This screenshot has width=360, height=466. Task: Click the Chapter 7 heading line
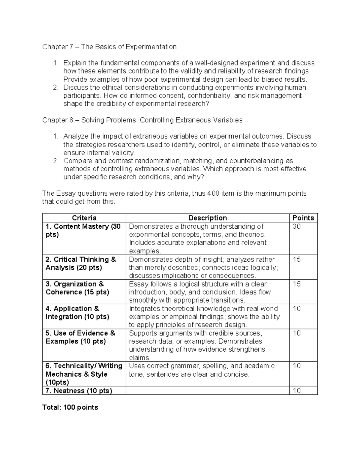[x=109, y=47]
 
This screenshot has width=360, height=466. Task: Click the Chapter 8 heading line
[x=142, y=120]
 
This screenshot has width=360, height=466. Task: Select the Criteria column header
[x=84, y=218]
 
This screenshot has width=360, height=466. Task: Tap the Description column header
[x=207, y=218]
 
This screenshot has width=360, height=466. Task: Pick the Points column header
[x=303, y=218]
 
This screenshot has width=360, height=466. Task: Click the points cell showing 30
[x=296, y=227]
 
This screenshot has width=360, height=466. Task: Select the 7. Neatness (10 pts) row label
[x=79, y=391]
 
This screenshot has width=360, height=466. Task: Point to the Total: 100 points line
[x=70, y=407]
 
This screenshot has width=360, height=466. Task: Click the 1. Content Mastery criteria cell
[x=83, y=230]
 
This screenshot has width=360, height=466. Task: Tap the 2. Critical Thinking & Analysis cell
[x=81, y=263]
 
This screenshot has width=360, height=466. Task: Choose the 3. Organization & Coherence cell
[x=77, y=288]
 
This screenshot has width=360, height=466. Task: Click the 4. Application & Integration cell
[x=77, y=313]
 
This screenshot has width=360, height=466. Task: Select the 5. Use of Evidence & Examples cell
[x=80, y=337]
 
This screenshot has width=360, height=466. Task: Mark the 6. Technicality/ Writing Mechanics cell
[x=84, y=374]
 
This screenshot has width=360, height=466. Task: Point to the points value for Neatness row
[x=296, y=391]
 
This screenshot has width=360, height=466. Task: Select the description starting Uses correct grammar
[x=202, y=370]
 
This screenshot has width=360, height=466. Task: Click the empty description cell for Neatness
[x=207, y=391]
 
